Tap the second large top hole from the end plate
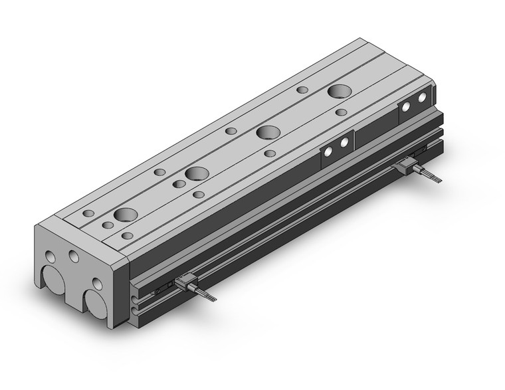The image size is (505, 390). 197,174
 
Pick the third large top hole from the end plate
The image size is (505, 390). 268,132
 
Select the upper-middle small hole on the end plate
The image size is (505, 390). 73,256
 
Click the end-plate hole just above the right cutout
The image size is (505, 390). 97,284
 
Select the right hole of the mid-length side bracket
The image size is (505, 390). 344,142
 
